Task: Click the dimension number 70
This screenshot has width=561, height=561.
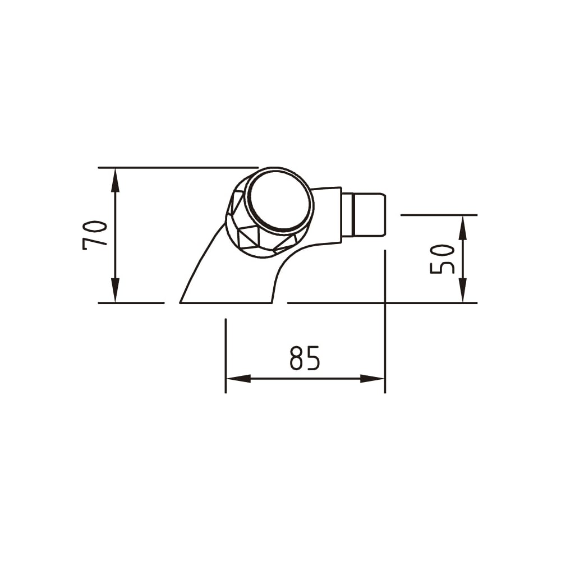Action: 95,235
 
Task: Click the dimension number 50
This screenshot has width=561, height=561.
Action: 442,259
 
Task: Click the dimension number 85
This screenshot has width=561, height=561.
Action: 305,358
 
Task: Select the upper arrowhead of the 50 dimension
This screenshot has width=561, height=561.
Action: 463,228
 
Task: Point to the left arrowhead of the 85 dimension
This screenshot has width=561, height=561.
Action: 238,379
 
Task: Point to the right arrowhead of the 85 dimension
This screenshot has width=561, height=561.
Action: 372,379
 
